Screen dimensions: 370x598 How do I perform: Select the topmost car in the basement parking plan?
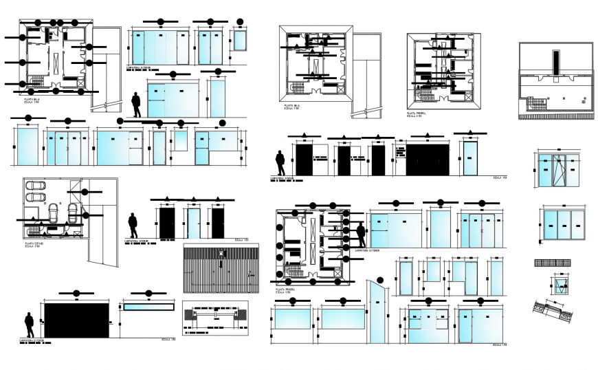34,186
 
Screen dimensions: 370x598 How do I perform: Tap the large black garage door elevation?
76,320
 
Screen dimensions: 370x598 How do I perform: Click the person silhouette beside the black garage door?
29,325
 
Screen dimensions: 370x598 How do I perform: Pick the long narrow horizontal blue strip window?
148,307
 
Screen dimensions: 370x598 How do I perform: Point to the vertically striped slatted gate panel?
221,269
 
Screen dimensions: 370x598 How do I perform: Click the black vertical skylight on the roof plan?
555,61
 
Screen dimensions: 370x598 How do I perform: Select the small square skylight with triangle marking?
561,285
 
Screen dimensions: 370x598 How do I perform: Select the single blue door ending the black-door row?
470,159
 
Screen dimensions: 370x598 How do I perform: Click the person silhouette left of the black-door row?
280,164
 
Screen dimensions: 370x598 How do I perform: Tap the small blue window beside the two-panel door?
239,41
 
